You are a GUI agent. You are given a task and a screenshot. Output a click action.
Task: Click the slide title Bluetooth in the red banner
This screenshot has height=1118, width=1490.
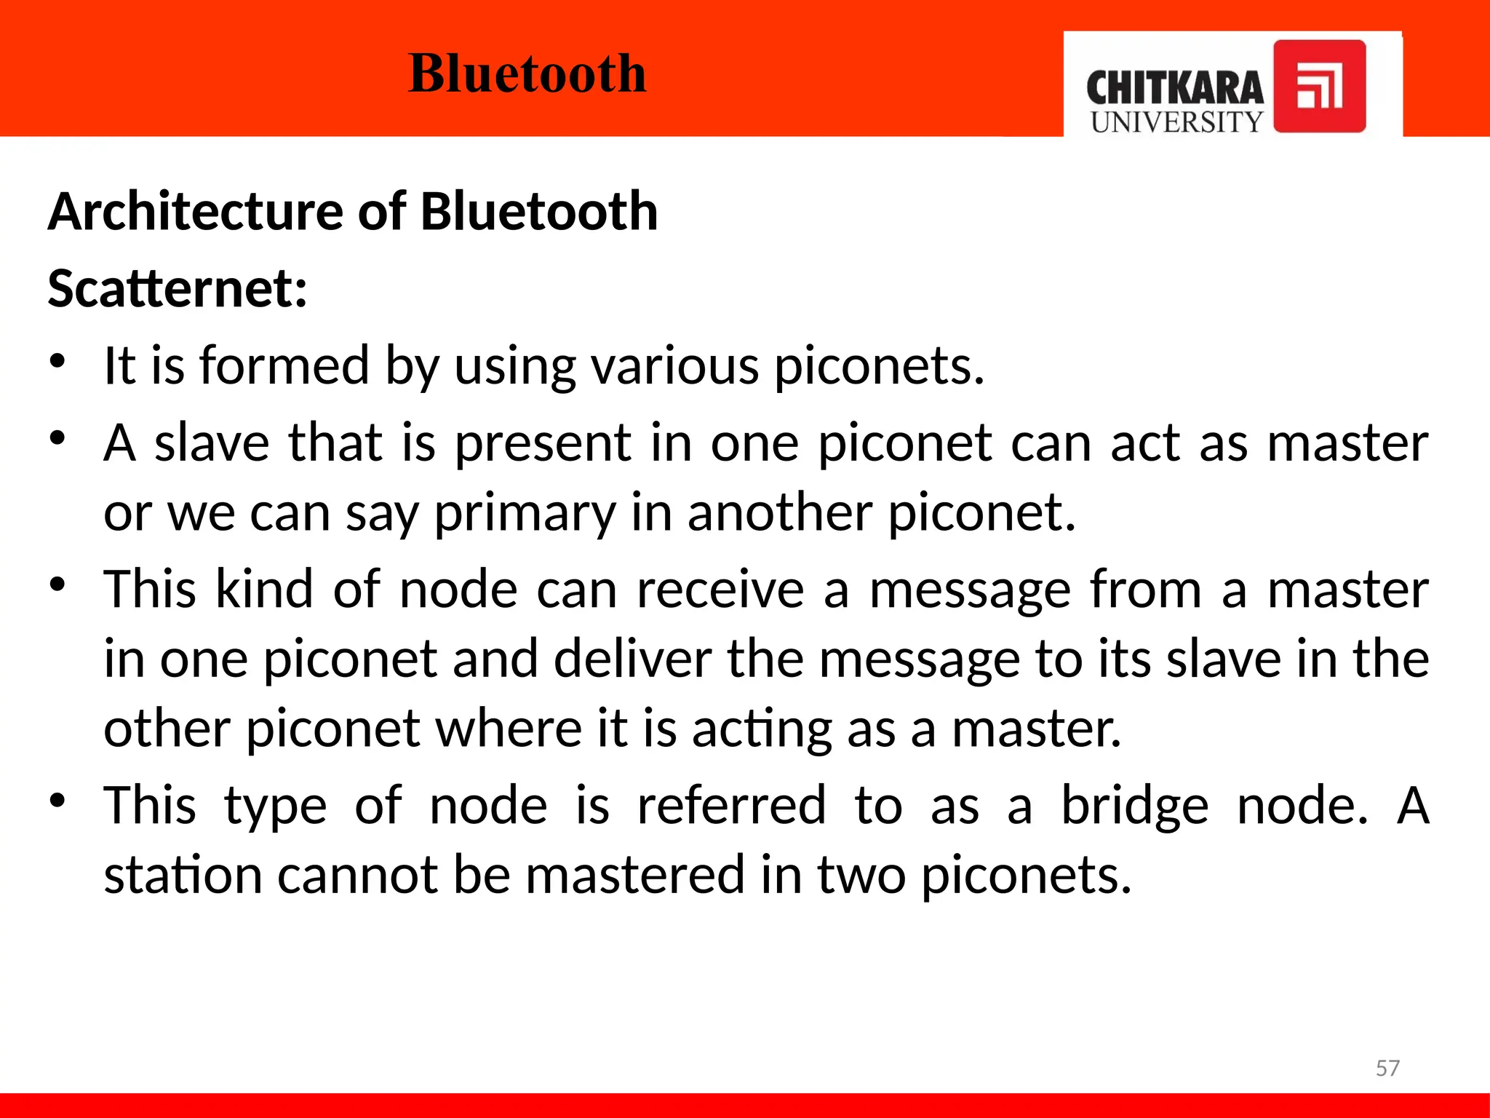527,74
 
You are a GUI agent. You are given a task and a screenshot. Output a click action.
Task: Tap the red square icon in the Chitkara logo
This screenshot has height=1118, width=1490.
1319,86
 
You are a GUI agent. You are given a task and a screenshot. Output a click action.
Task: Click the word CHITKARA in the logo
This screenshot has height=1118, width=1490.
1174,89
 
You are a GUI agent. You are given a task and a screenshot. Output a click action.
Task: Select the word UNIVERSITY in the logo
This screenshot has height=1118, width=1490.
1176,122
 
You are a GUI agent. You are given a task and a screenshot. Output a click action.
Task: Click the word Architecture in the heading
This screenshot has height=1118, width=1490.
196,212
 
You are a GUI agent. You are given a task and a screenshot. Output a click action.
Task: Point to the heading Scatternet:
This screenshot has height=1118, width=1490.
178,289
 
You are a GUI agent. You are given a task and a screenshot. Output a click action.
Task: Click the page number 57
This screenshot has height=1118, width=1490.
1387,1068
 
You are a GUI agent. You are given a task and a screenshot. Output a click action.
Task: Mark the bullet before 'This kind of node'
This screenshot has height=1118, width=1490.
58,584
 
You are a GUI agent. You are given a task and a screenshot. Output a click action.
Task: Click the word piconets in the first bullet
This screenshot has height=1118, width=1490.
878,366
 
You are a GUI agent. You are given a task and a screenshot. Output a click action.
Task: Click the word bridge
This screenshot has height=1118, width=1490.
1135,806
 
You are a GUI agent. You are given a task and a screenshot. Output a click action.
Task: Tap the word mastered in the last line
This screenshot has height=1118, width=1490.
634,875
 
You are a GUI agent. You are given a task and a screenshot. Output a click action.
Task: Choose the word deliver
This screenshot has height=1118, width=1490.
632,659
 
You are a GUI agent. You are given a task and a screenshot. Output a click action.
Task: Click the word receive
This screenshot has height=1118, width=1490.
720,590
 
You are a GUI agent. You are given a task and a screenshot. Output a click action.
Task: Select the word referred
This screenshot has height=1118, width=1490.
731,806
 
